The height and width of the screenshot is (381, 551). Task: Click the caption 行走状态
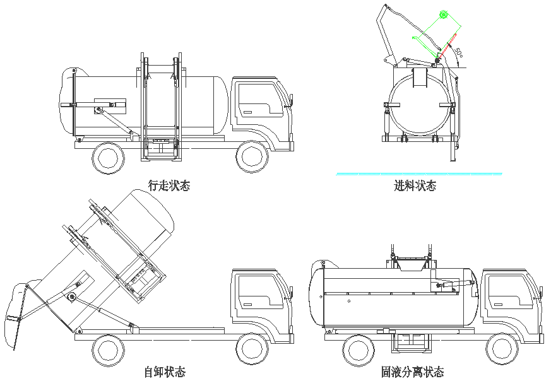coord(169,185)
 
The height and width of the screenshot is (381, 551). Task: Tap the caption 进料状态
coord(415,185)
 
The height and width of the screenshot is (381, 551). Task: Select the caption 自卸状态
coord(165,372)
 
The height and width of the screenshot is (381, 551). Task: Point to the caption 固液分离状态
coord(412,372)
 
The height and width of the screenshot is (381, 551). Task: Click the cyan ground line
coord(419,173)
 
